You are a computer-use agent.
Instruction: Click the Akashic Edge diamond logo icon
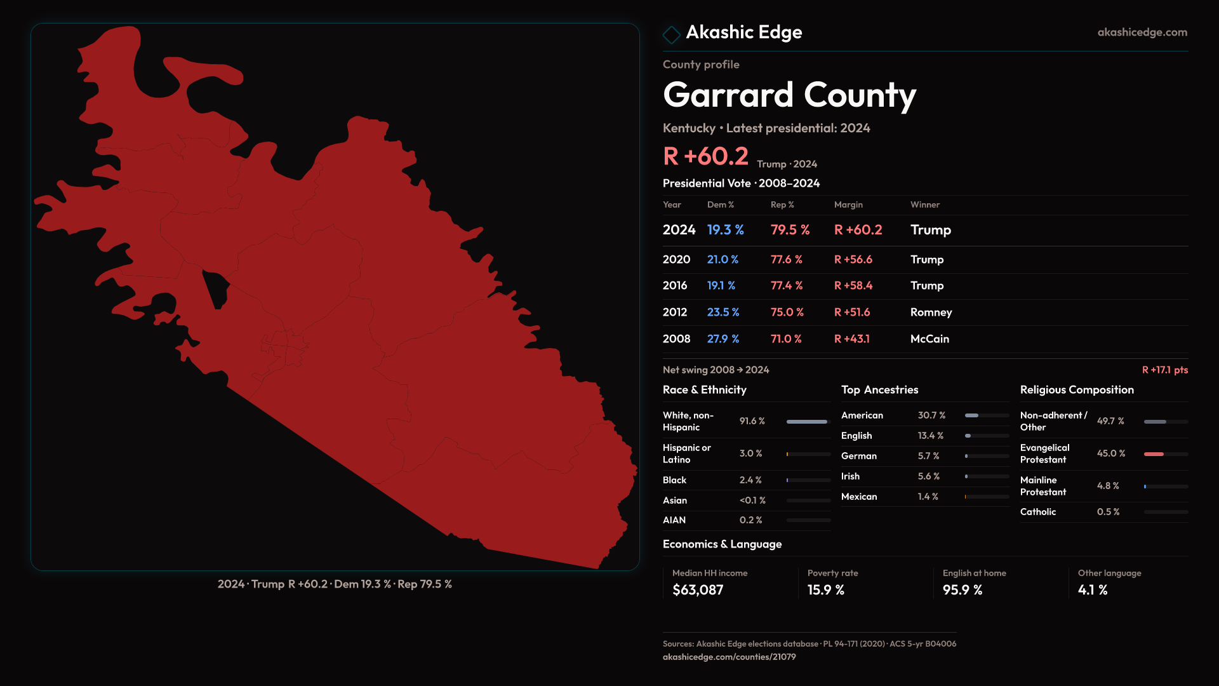pos(671,34)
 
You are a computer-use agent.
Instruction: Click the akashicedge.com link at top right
pos(1142,32)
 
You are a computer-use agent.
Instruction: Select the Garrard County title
pos(789,95)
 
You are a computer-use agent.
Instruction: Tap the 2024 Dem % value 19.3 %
pos(725,230)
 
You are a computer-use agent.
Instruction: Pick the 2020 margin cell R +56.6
pos(853,260)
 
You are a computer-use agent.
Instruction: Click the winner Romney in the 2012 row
pos(931,313)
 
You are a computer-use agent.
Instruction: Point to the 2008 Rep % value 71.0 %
pos(786,339)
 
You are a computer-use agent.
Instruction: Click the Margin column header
pos(848,205)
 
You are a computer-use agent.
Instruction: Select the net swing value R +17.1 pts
pos(1164,370)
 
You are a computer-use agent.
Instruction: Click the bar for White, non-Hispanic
pos(807,422)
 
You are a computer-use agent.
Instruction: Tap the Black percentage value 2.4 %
pos(750,480)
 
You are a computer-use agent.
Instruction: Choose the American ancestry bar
pos(972,415)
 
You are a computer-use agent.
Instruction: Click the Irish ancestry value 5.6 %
pos(928,476)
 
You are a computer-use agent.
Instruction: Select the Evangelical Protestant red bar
pos(1154,454)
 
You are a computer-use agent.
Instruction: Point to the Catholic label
pos(1038,512)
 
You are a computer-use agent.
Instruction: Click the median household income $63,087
pos(698,590)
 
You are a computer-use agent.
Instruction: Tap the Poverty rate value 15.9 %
pos(825,590)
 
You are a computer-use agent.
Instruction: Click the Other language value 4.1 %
pos(1092,590)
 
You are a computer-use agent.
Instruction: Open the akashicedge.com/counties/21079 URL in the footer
pos(729,657)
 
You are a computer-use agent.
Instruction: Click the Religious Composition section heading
pos(1077,390)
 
